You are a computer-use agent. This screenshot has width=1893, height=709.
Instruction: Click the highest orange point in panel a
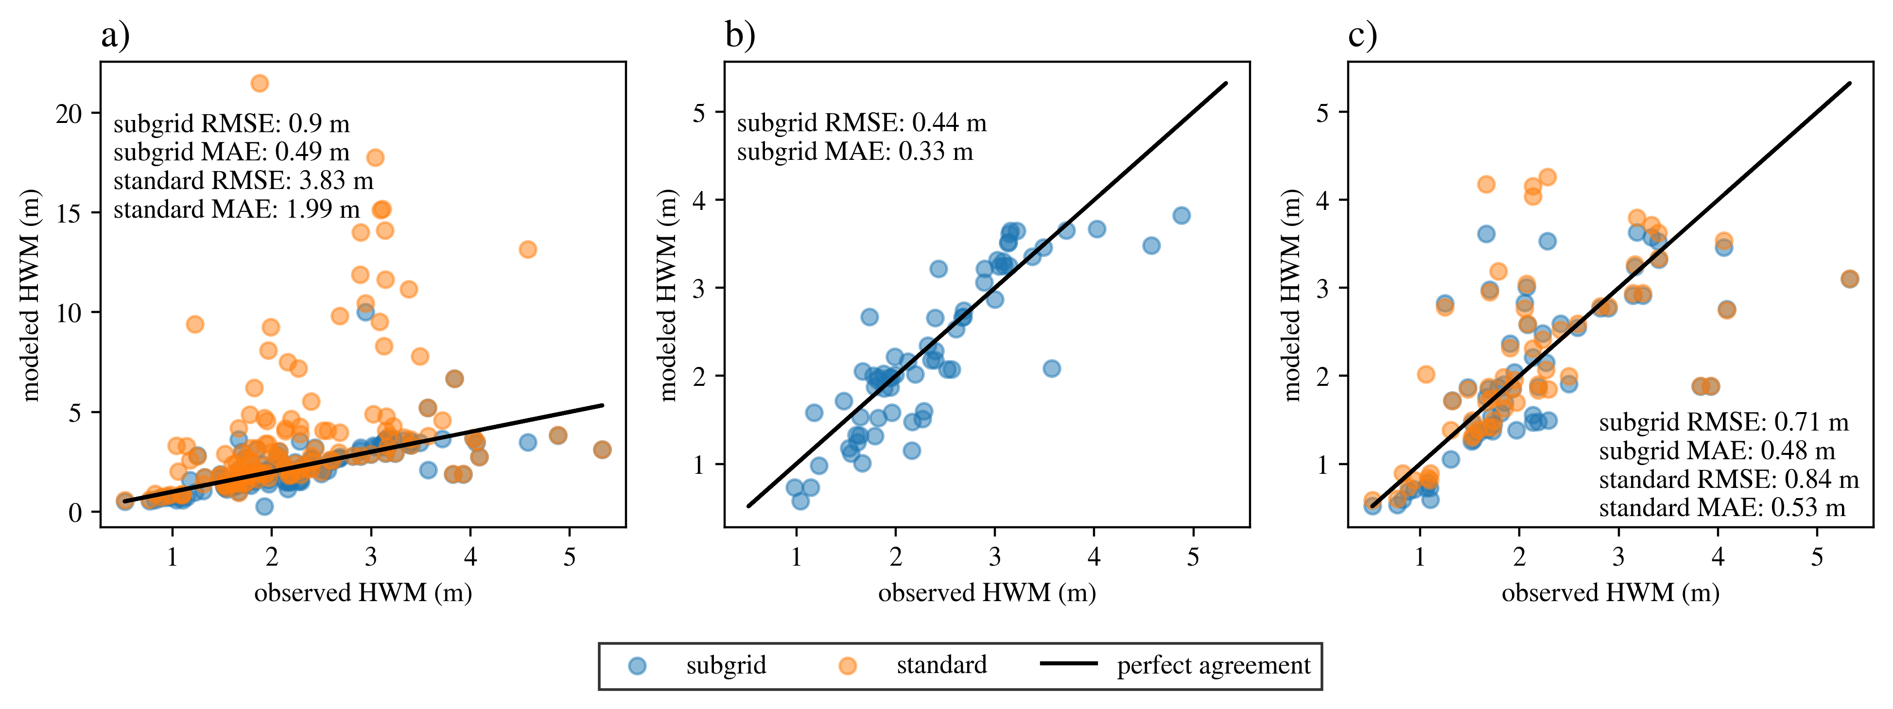(260, 84)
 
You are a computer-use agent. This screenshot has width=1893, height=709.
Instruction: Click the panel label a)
(115, 35)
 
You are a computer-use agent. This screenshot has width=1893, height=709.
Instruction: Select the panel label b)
(740, 35)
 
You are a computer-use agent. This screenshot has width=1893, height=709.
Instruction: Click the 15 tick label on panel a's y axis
(69, 213)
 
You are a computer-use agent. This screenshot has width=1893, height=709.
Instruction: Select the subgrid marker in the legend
(638, 666)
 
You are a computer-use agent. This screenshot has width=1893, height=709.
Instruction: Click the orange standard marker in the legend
(848, 666)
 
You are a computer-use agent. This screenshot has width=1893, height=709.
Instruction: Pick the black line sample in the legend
(1069, 663)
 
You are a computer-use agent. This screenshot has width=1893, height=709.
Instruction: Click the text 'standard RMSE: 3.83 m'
(243, 181)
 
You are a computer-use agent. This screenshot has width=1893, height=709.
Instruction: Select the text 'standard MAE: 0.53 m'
(1722, 508)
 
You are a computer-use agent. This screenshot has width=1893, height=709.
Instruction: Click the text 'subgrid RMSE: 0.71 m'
(1723, 422)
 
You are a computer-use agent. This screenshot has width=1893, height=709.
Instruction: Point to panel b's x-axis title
(987, 593)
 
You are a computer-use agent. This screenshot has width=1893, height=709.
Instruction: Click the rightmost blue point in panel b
(1181, 215)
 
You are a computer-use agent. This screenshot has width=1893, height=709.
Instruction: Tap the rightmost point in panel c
(1850, 278)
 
